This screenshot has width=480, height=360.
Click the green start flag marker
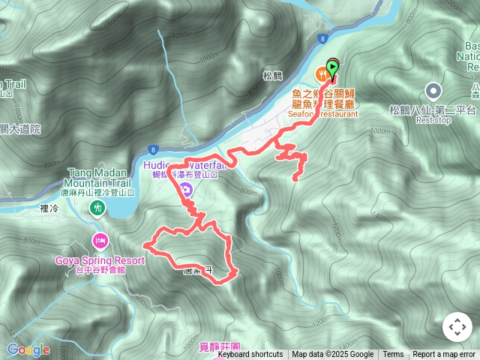coord(332,68)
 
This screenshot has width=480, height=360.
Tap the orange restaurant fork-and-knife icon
coord(322,73)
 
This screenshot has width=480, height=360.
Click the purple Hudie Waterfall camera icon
coord(185,190)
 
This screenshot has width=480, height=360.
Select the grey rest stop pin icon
coord(433,91)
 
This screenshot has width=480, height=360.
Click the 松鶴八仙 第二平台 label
coord(433,110)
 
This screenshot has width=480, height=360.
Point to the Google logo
coord(28,349)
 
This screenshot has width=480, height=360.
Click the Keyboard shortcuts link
coord(250,355)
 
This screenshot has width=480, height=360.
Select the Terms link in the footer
coord(393,355)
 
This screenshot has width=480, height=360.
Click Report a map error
coord(444,355)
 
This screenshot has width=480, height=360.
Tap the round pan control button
coord(457,327)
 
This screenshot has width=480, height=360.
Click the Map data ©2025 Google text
coord(332,355)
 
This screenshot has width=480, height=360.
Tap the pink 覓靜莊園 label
coord(220,347)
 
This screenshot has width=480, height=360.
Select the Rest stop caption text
coord(433,120)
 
